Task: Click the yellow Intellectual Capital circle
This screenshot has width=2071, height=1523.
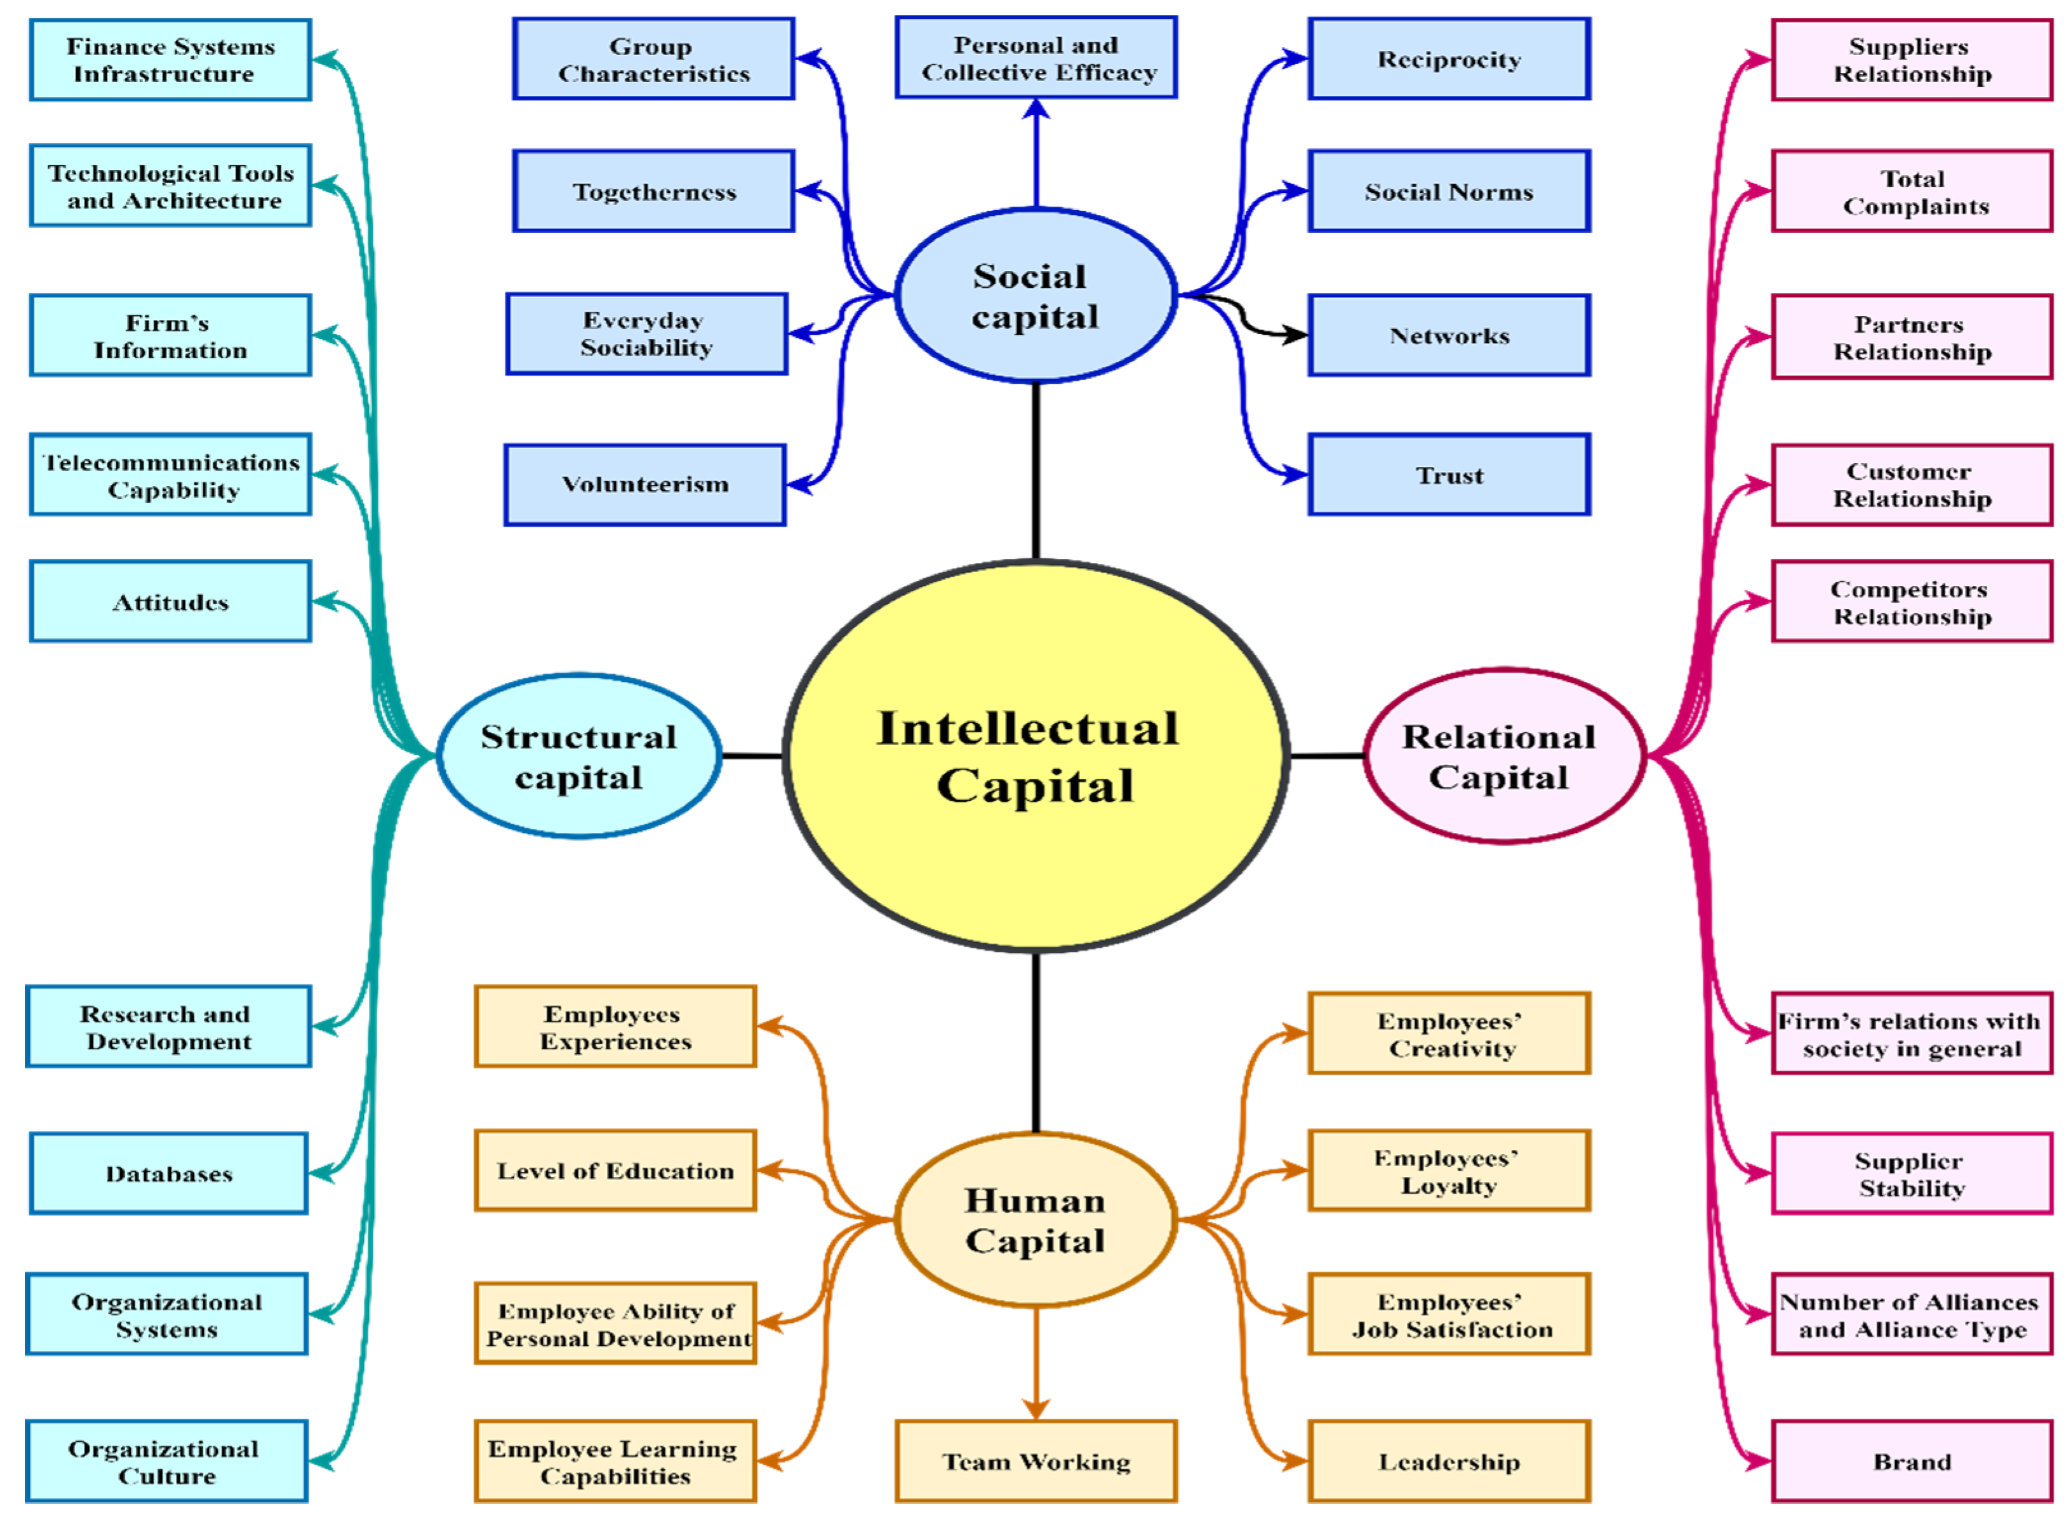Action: [1035, 756]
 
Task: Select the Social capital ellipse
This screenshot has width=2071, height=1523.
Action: [1035, 295]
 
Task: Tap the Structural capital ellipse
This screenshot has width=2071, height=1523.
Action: [578, 756]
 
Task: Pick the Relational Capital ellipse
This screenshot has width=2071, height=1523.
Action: [1503, 756]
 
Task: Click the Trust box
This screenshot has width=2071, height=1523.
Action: [1448, 475]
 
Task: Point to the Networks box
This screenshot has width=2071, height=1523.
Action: [1448, 335]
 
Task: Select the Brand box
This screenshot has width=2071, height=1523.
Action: [1910, 1461]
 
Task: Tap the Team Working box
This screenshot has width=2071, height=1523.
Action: [1035, 1461]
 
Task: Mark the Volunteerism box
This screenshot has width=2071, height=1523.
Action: [644, 485]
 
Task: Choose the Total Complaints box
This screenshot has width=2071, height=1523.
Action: [1910, 191]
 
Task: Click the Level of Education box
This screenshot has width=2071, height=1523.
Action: [615, 1170]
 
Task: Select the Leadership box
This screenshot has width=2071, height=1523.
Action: [1448, 1461]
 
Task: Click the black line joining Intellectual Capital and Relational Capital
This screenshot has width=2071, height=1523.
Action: [1326, 756]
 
